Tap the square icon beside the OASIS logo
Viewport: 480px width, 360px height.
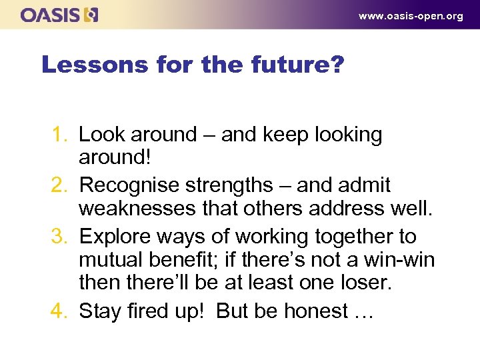pyautogui.click(x=91, y=15)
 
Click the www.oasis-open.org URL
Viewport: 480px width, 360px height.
pyautogui.click(x=411, y=16)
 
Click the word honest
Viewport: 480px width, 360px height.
pyautogui.click(x=305, y=311)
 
